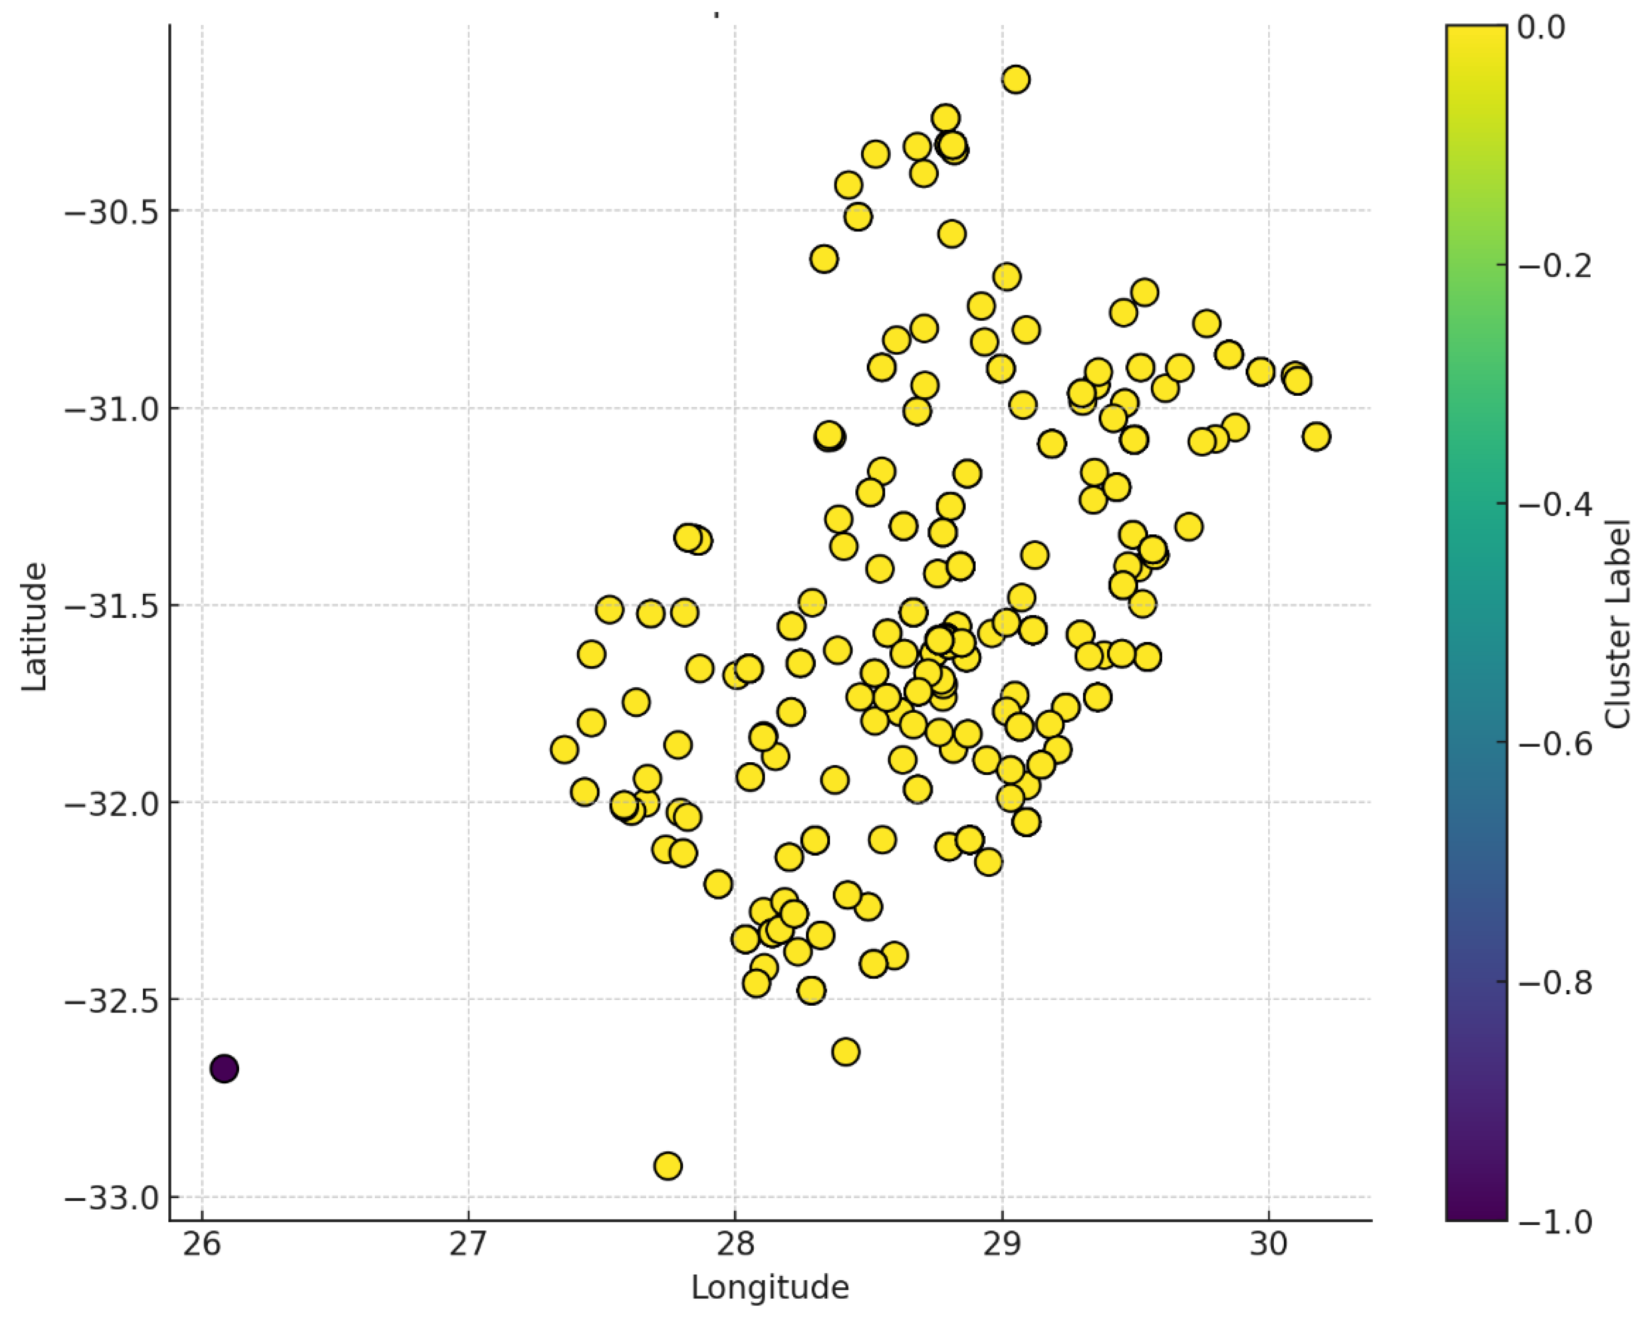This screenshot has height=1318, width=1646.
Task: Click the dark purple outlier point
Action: [x=224, y=1068]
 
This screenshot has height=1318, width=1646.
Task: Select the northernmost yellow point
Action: [x=1015, y=79]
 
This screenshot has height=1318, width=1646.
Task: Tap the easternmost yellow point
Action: [x=1316, y=437]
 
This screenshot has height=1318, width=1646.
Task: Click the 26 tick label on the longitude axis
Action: [x=202, y=1244]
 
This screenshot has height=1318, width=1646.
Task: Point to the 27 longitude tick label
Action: [x=468, y=1244]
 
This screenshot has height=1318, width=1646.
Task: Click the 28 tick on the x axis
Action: [x=734, y=1244]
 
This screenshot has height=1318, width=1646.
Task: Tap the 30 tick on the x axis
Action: [x=1269, y=1244]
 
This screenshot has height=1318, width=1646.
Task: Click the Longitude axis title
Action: [x=769, y=1287]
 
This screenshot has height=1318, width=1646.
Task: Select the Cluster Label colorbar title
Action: [x=1617, y=623]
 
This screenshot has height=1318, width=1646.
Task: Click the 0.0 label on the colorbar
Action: [x=1541, y=28]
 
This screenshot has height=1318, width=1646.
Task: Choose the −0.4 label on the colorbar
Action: [x=1554, y=505]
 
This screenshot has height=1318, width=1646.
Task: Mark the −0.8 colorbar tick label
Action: [x=1554, y=983]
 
